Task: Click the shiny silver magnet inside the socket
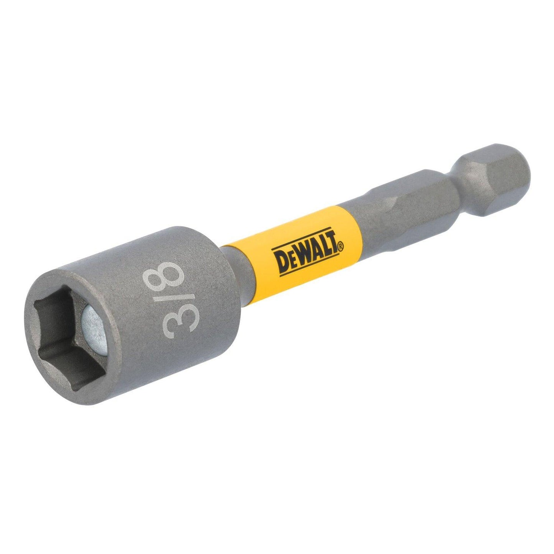pos(94,330)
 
